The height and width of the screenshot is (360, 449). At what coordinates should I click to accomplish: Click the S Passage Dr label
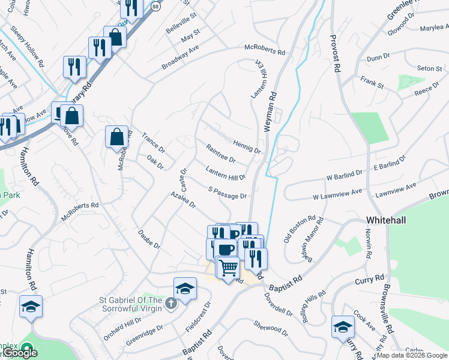(x=228, y=193)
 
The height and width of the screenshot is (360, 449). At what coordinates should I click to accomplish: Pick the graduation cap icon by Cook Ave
(x=343, y=326)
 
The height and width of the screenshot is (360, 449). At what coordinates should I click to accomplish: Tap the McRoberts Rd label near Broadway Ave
(x=264, y=50)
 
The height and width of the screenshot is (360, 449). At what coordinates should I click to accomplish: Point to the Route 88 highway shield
(x=155, y=5)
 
